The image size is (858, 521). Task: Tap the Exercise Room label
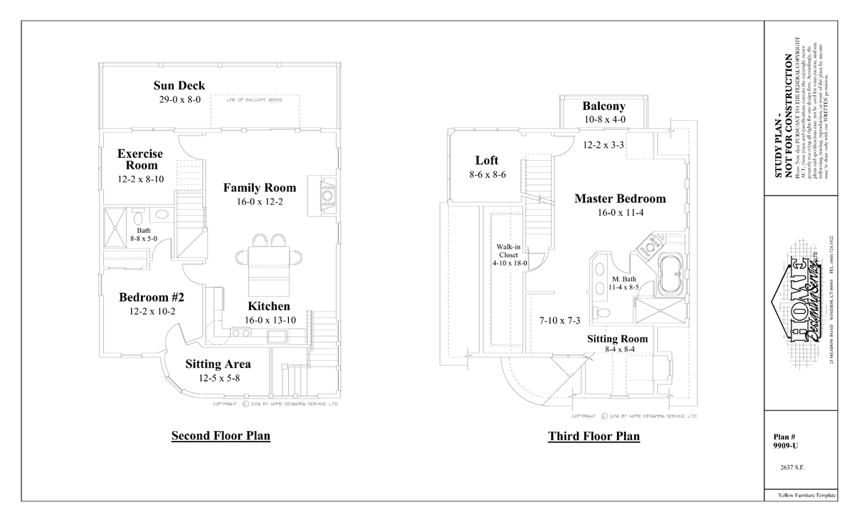click(140, 159)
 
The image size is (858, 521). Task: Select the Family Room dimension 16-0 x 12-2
click(260, 202)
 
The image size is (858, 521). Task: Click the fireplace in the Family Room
click(326, 194)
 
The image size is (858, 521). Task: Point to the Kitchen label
click(269, 307)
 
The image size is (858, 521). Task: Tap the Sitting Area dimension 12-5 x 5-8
click(217, 378)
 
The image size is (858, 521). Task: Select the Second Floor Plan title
click(220, 436)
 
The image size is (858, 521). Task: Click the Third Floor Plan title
click(593, 436)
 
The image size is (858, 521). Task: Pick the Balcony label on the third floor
click(603, 106)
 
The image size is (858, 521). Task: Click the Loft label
click(486, 161)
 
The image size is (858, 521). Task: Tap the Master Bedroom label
click(620, 199)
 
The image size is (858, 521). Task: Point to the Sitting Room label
click(618, 339)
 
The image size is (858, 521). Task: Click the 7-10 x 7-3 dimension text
click(559, 321)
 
